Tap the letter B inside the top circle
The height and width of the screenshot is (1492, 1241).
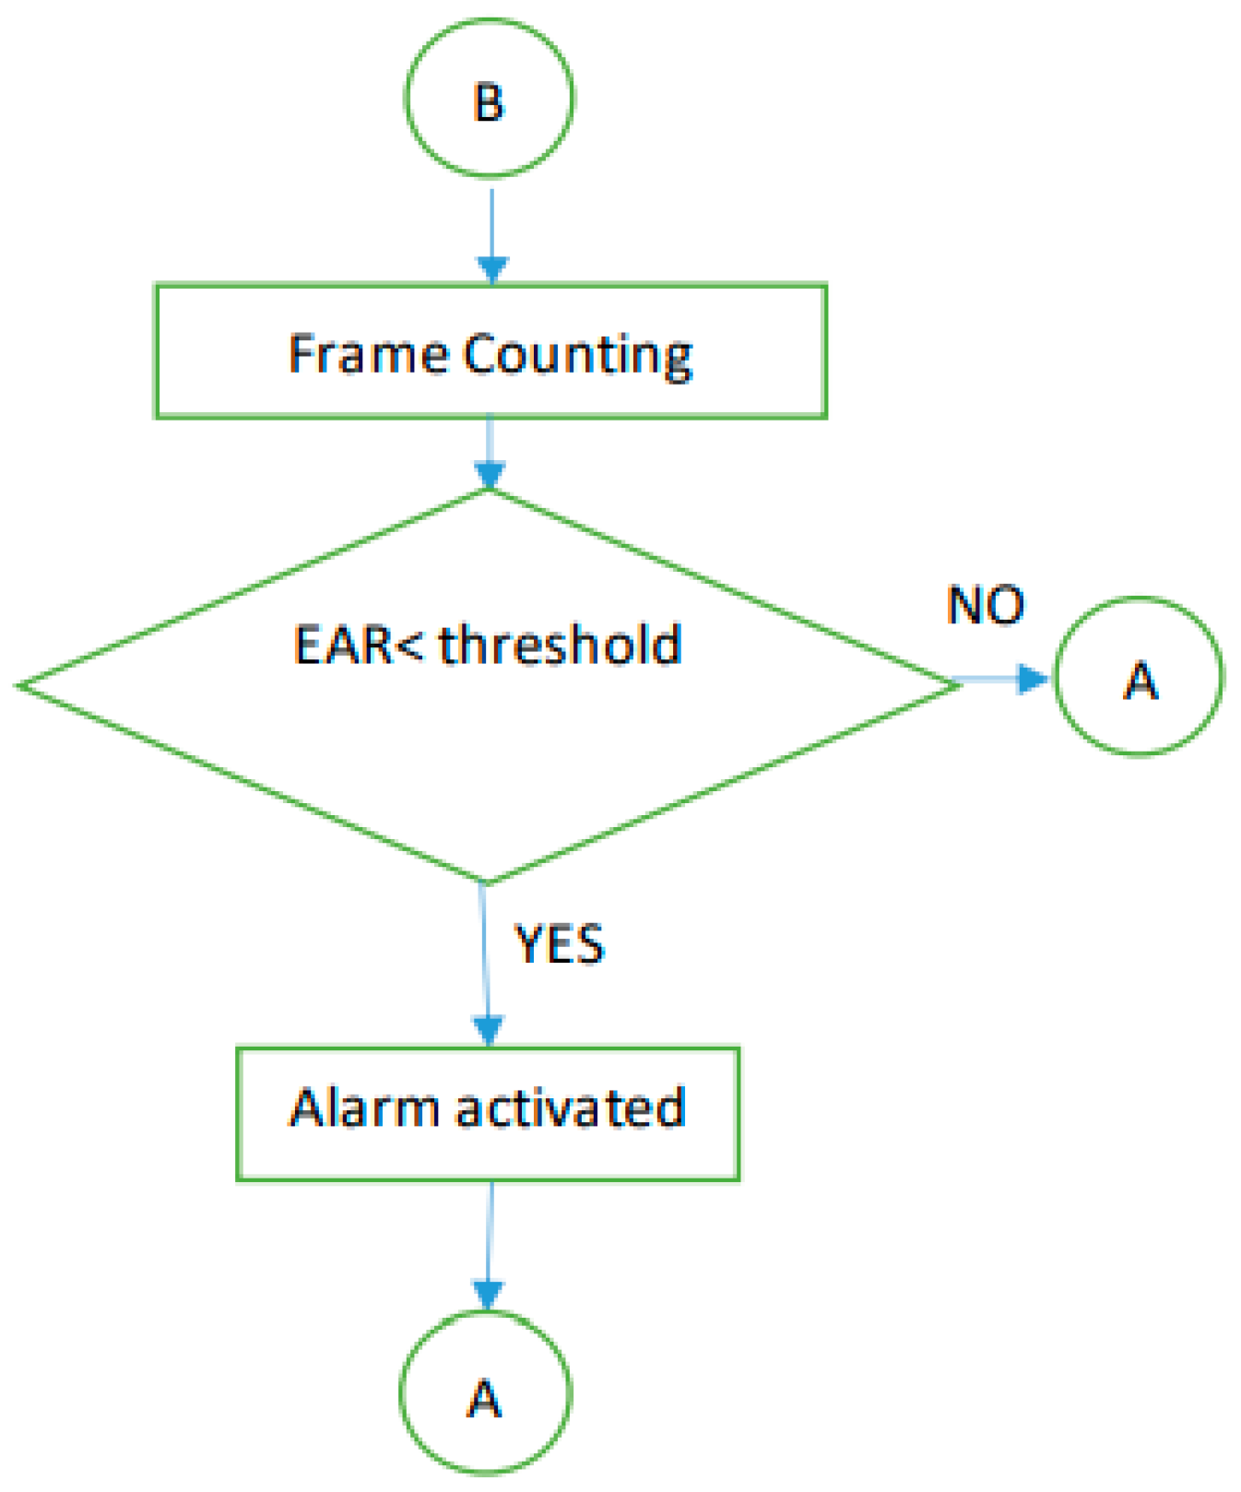[489, 102]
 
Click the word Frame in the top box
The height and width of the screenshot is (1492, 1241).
[368, 354]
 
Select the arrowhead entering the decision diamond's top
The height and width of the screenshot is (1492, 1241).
[490, 475]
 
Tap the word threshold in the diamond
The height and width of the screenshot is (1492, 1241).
[561, 645]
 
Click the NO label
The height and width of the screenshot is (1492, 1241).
[986, 606]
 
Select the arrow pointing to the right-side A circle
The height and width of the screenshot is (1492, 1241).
[1005, 681]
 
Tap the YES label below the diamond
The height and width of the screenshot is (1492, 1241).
[559, 944]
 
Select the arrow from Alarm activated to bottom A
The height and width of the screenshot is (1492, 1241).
[489, 1245]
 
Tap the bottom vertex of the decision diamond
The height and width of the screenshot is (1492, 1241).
[486, 882]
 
